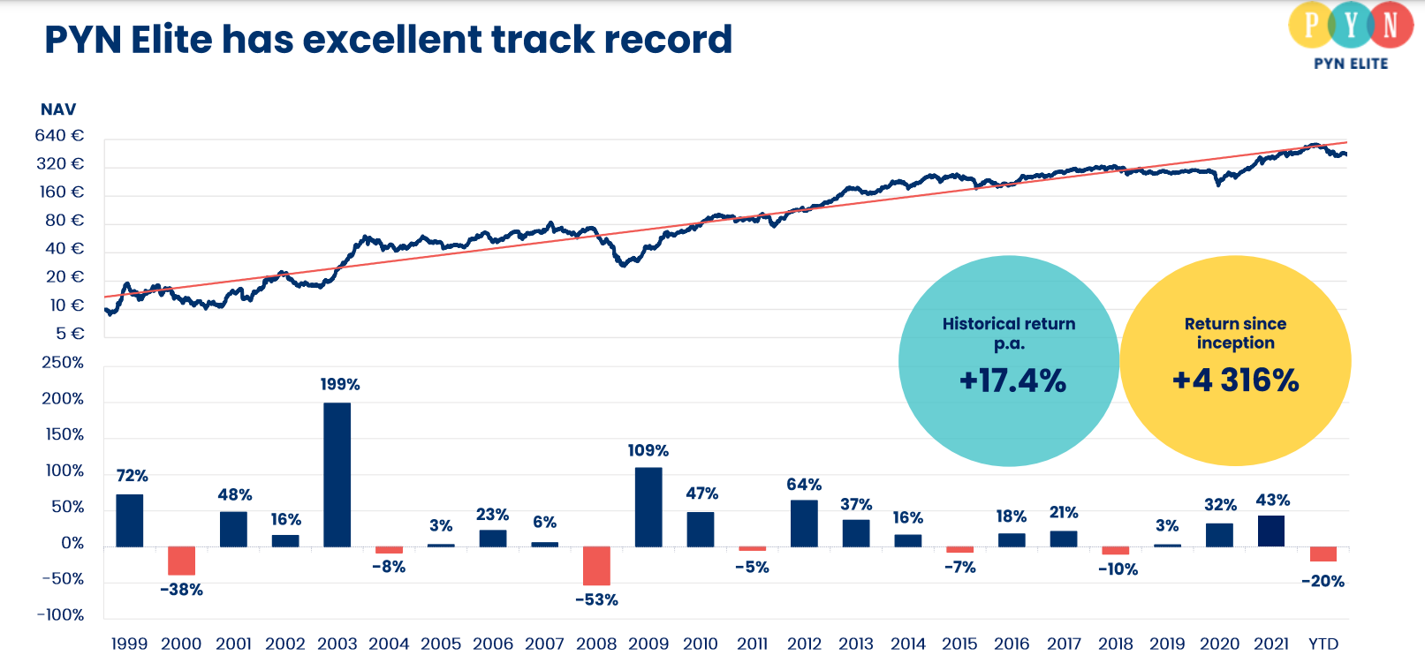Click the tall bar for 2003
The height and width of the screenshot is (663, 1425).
coord(337,474)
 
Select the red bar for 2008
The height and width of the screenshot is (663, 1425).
coord(596,566)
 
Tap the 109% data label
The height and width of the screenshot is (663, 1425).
coord(648,450)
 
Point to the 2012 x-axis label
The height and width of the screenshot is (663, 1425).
coord(804,644)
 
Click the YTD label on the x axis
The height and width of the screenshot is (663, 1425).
coord(1323,644)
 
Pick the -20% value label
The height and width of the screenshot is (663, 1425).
coord(1323,581)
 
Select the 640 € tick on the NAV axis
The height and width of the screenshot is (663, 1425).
coord(59,135)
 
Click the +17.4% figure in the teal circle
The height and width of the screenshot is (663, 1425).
coord(1012,380)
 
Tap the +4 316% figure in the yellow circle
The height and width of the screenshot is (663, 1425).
coord(1235,380)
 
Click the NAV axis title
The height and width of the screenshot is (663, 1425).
coord(58,109)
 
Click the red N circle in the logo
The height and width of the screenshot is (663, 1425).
coord(1390,25)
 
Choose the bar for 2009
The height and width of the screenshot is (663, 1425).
coord(648,507)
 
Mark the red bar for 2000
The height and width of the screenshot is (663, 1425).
coord(181,561)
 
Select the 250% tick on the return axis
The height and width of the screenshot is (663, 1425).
coord(63,363)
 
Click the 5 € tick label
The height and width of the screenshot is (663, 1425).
coord(70,334)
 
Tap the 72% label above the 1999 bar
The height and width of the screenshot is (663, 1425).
coord(132,476)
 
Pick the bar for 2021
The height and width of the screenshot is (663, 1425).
coord(1271,531)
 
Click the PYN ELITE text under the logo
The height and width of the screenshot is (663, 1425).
coord(1351,64)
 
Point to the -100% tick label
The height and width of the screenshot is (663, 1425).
coord(60,614)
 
